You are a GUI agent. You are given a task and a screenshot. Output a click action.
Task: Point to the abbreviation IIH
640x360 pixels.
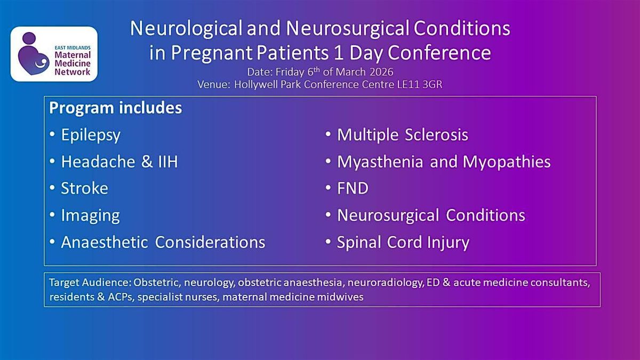tap(168, 162)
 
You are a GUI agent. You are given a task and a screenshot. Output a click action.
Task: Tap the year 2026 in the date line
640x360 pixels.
tap(381, 71)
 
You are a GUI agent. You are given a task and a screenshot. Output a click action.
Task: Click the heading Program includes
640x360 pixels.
tap(115, 108)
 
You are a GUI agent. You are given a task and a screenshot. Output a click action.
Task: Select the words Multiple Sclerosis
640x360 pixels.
tap(403, 135)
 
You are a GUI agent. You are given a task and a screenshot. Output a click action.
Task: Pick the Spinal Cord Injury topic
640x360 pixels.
tap(403, 243)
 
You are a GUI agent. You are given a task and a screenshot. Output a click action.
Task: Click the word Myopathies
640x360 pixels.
tap(507, 162)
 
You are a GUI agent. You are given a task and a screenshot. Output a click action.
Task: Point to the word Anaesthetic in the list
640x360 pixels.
tap(105, 242)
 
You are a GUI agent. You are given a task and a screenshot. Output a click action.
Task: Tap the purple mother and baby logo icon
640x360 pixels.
tap(33, 53)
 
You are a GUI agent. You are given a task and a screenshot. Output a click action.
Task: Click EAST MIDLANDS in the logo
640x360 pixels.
tap(73, 47)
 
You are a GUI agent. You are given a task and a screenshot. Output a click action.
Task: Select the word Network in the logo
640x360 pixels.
tap(73, 71)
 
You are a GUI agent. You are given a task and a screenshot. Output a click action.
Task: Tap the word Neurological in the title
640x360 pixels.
tap(186, 29)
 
